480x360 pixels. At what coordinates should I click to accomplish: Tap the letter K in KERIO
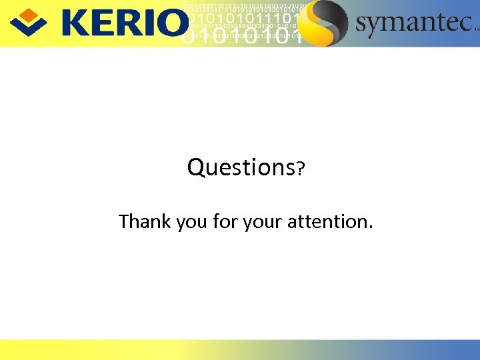click(x=75, y=23)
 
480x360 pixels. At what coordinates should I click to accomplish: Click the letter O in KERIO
click(x=175, y=23)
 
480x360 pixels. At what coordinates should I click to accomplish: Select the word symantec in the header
click(x=413, y=23)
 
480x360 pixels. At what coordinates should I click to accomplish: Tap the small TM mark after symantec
click(x=475, y=29)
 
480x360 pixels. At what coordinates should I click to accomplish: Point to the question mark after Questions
click(x=301, y=169)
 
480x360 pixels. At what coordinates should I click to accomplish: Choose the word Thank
click(x=145, y=221)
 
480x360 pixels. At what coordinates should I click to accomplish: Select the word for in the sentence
click(x=225, y=221)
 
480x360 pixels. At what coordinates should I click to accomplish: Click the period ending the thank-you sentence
click(x=371, y=227)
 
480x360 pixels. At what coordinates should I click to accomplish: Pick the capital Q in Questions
click(x=196, y=167)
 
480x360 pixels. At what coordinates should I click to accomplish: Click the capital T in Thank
click(x=124, y=221)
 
